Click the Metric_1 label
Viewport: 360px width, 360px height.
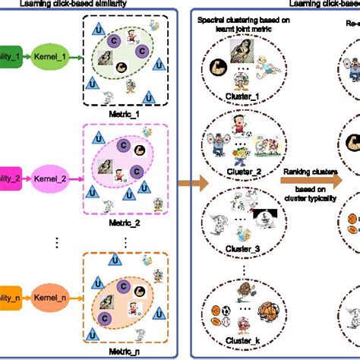[123, 106]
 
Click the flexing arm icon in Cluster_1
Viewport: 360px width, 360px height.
[216, 65]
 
